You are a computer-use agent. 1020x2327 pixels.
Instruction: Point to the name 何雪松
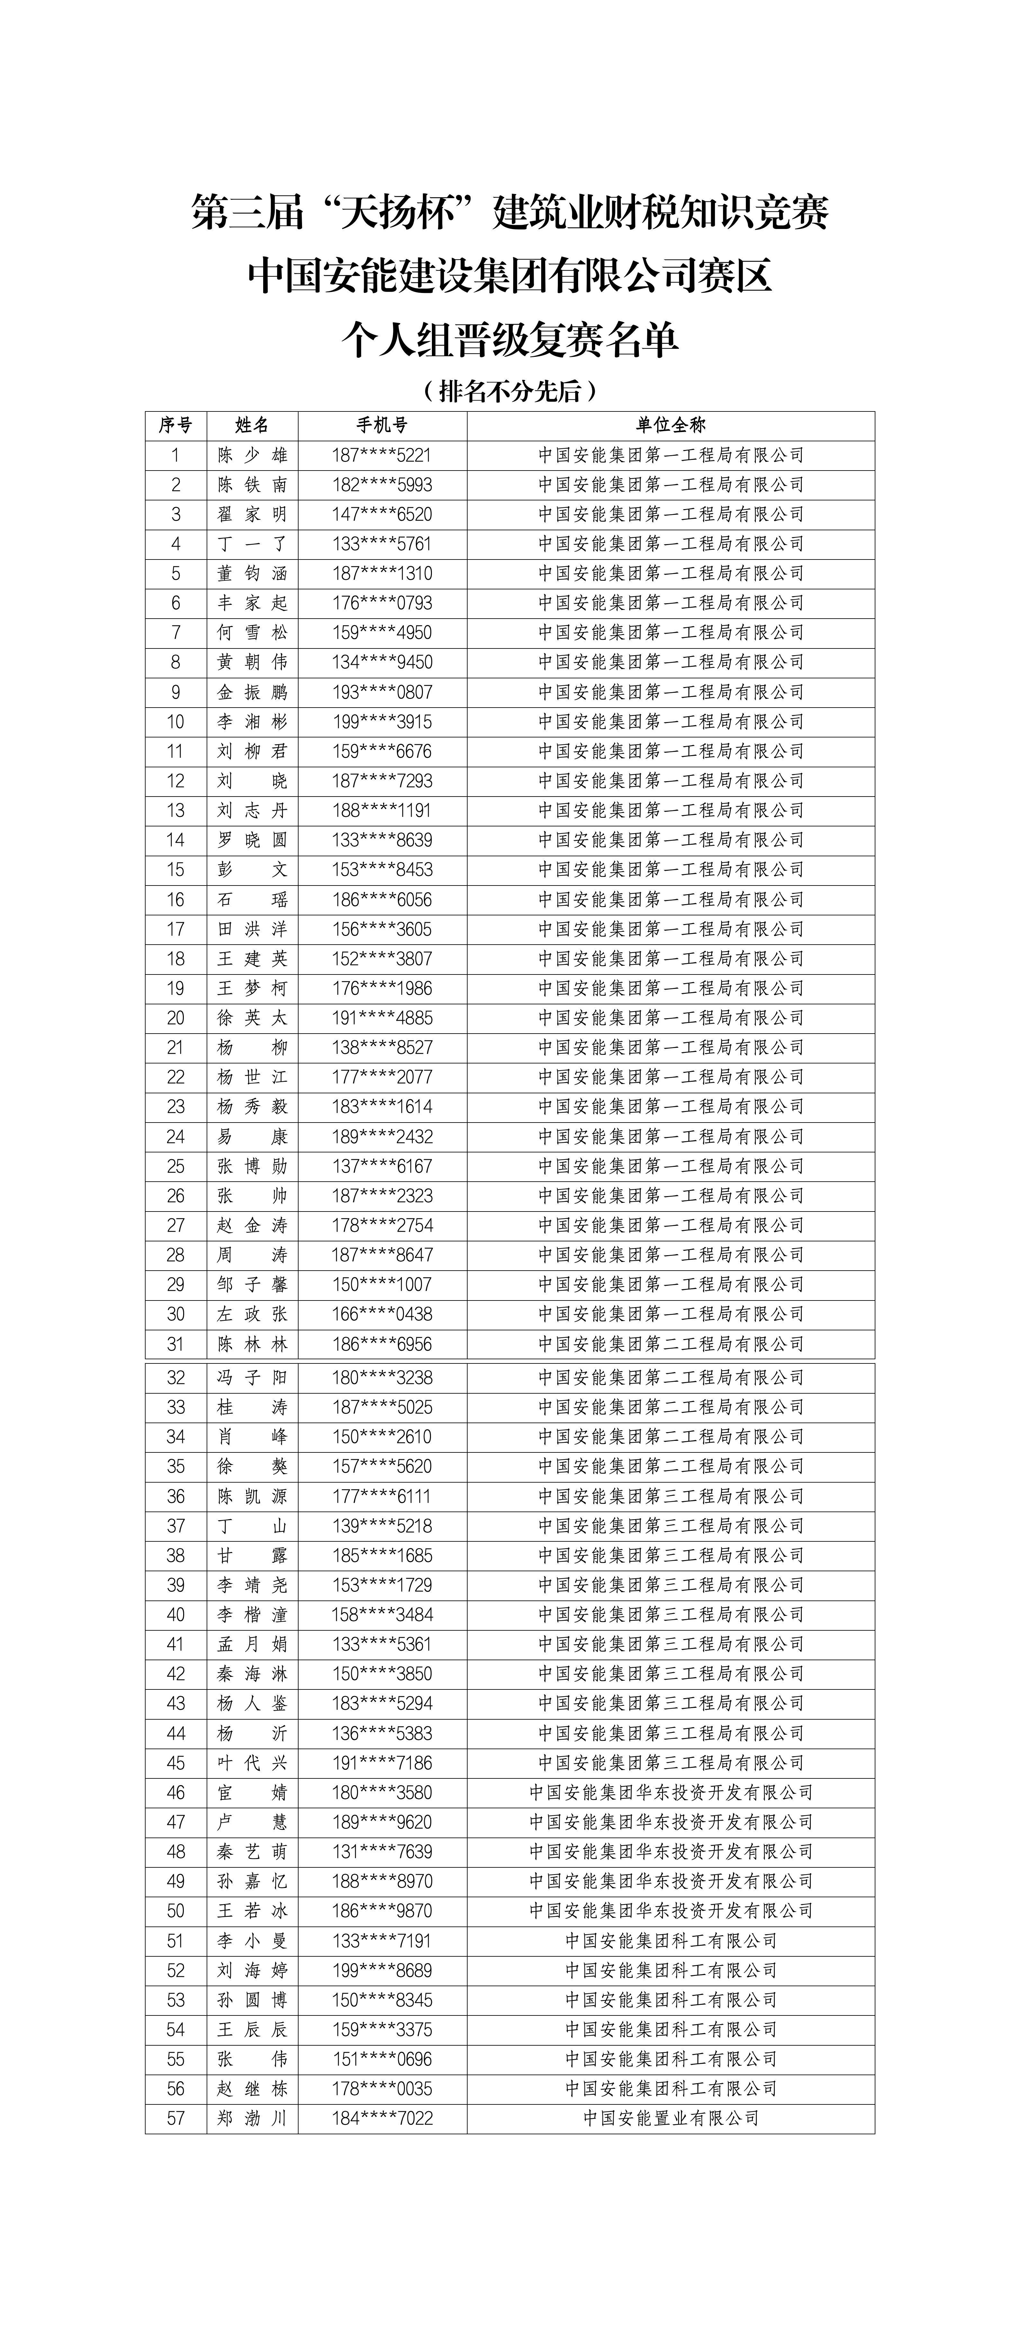tap(252, 632)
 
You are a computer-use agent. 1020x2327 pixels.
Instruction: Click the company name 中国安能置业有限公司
tap(670, 2118)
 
